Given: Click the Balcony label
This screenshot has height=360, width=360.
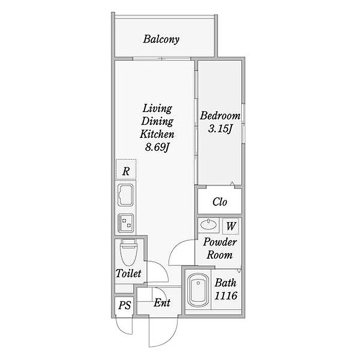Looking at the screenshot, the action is pyautogui.click(x=161, y=39).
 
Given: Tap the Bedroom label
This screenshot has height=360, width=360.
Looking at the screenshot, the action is pyautogui.click(x=220, y=115).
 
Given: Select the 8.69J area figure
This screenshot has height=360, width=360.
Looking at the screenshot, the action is pyautogui.click(x=157, y=147).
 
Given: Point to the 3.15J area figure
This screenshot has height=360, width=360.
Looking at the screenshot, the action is pyautogui.click(x=221, y=129).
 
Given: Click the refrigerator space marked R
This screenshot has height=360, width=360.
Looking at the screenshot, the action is pyautogui.click(x=126, y=169).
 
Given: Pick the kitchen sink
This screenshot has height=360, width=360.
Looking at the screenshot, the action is pyautogui.click(x=125, y=195).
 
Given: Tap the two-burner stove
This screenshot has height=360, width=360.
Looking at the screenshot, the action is pyautogui.click(x=125, y=223).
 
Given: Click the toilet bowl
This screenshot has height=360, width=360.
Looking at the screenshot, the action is pyautogui.click(x=129, y=253).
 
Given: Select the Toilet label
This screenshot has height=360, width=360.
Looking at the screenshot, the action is pyautogui.click(x=129, y=273).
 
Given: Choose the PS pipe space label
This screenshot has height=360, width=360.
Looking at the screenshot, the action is pyautogui.click(x=124, y=305).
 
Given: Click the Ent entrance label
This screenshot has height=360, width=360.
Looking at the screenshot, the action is pyautogui.click(x=162, y=302).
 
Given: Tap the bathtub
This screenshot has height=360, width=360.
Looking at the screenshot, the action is pyautogui.click(x=198, y=291).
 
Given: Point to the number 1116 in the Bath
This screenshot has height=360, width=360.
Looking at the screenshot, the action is pyautogui.click(x=226, y=296).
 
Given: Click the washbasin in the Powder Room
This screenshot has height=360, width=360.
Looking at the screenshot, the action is pyautogui.click(x=208, y=224).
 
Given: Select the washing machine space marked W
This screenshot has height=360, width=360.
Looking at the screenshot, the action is pyautogui.click(x=230, y=226).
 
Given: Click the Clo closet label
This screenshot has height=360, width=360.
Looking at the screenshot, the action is pyautogui.click(x=220, y=202).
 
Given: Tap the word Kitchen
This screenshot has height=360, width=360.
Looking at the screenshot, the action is pyautogui.click(x=157, y=134).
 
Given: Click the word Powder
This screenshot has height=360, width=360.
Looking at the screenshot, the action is pyautogui.click(x=220, y=242).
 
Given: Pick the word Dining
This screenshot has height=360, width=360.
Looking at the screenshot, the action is pyautogui.click(x=157, y=121).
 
